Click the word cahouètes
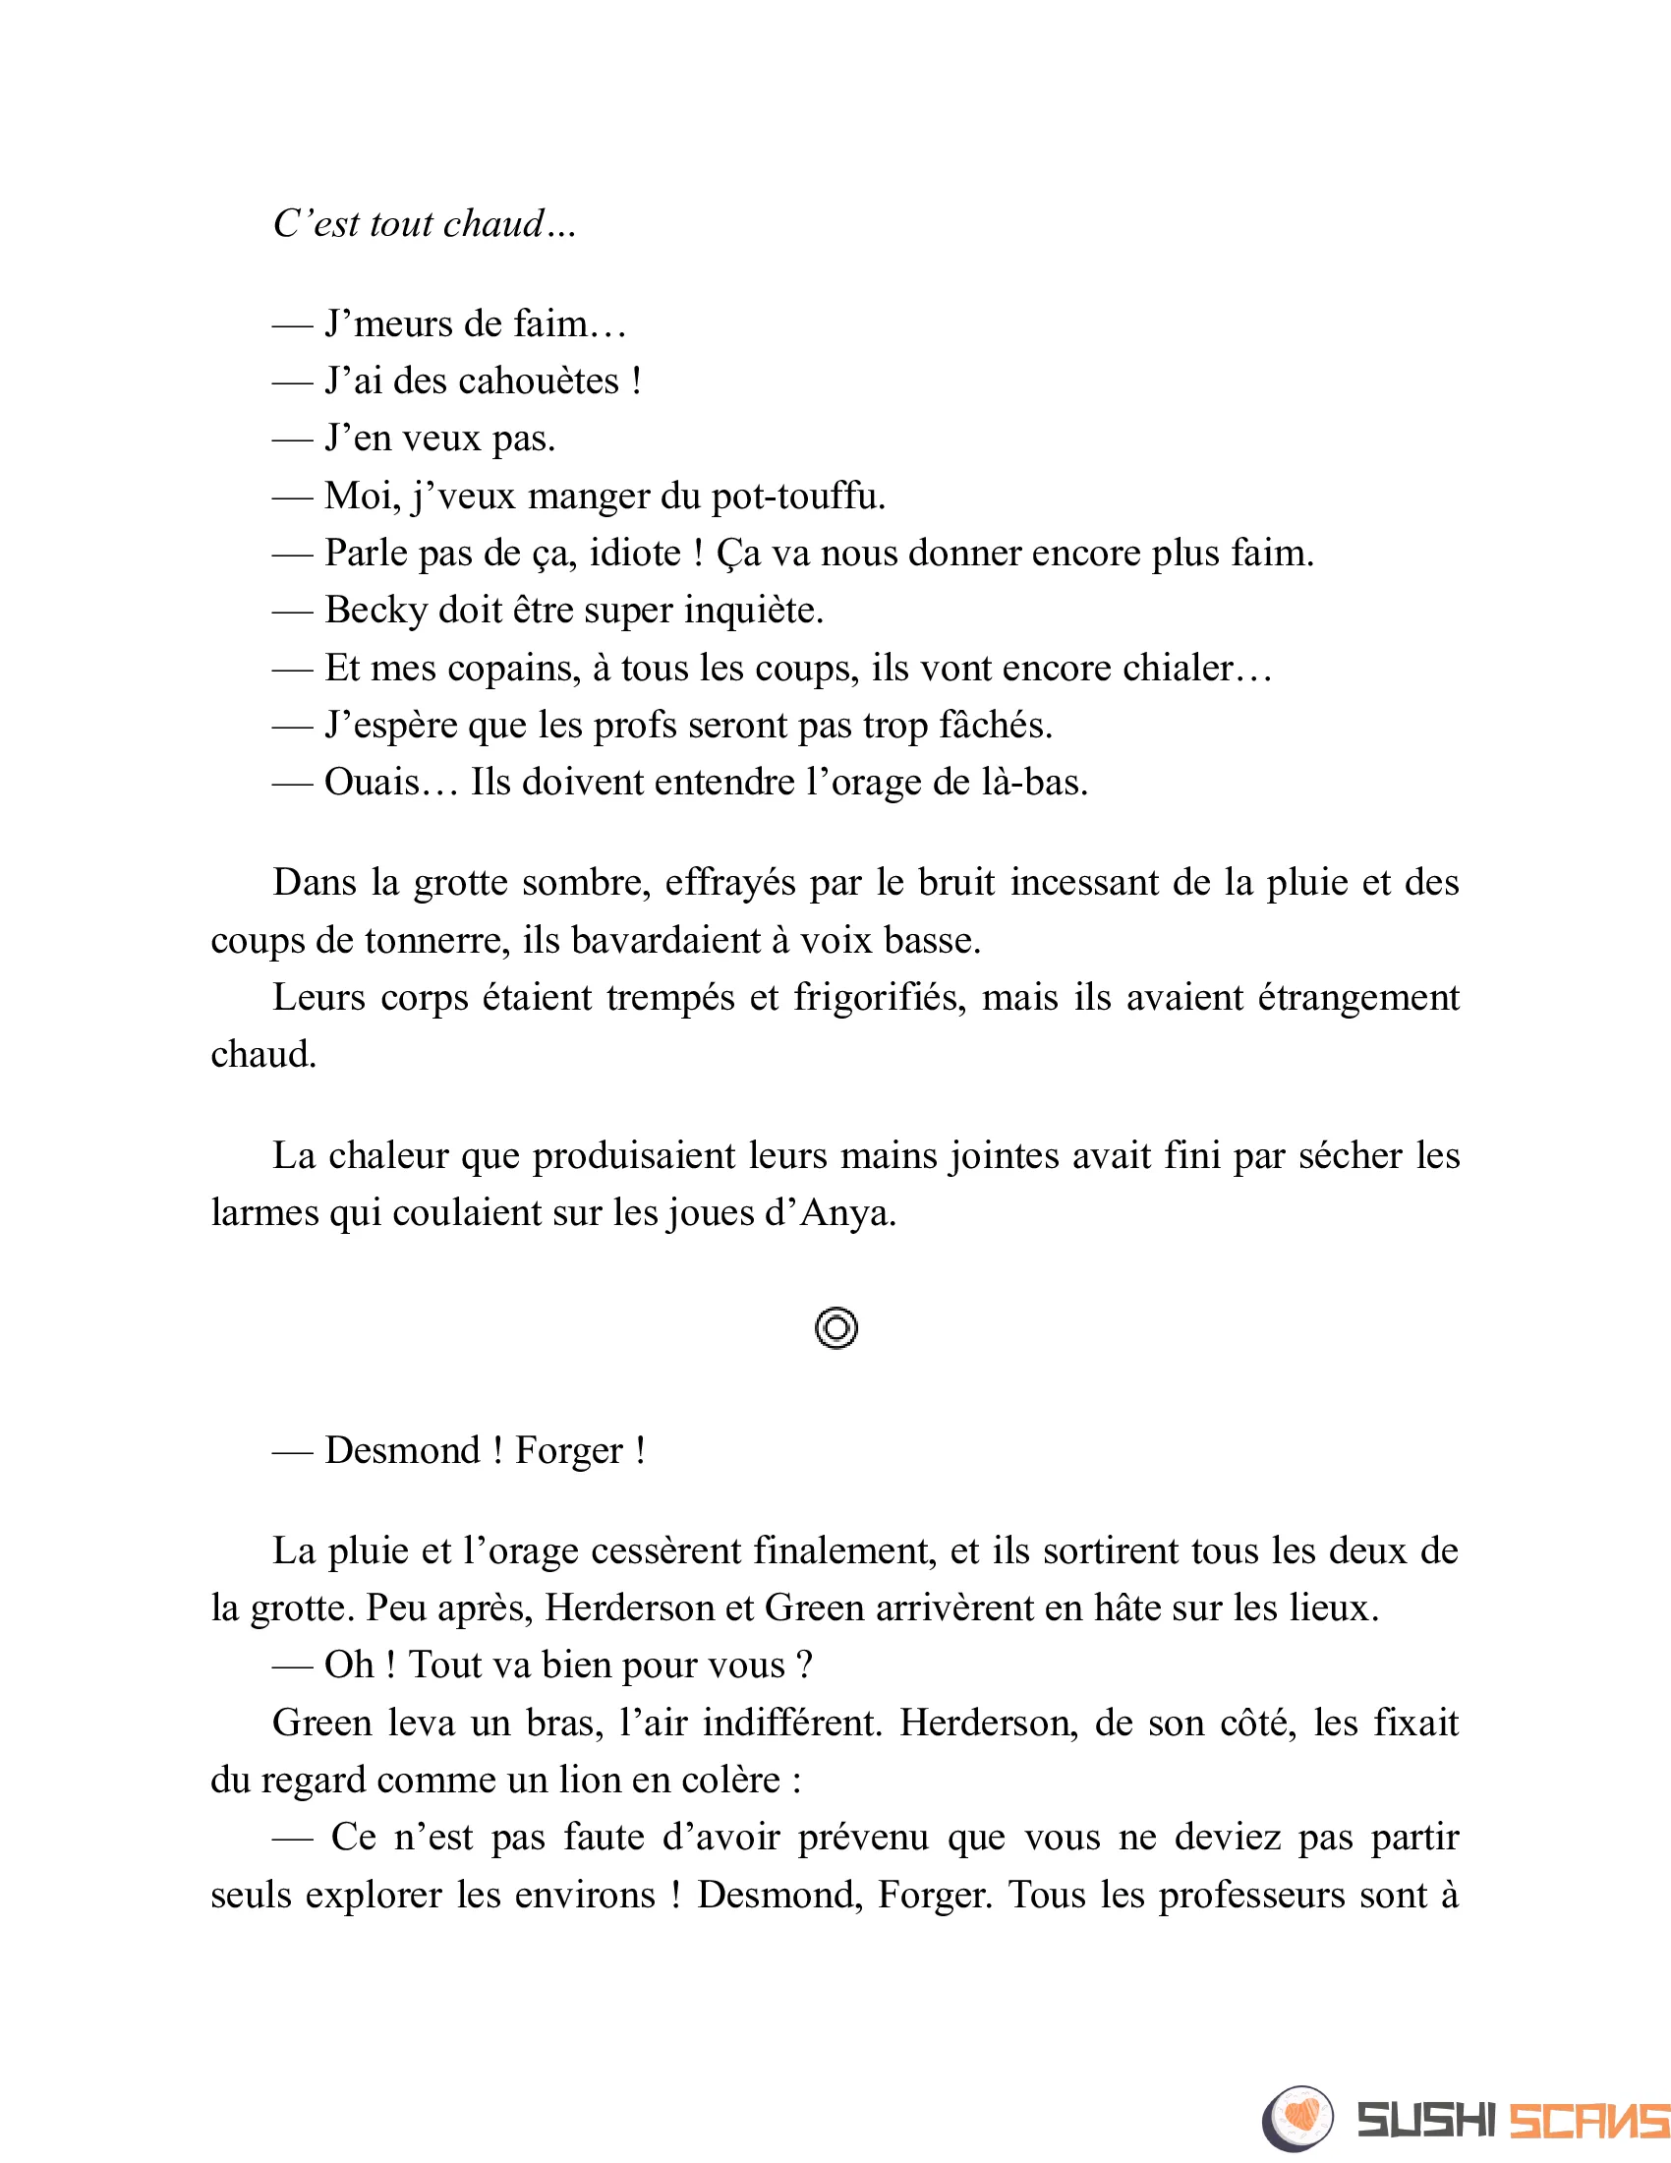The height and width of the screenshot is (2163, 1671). [539, 381]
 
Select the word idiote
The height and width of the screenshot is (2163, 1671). [635, 553]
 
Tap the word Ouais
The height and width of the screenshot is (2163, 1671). [372, 783]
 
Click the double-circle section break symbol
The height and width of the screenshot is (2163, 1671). [836, 1328]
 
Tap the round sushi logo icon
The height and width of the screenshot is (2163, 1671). [1297, 2118]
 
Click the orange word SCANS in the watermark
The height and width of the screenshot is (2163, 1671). [1588, 2121]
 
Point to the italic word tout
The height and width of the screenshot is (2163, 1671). [401, 224]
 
